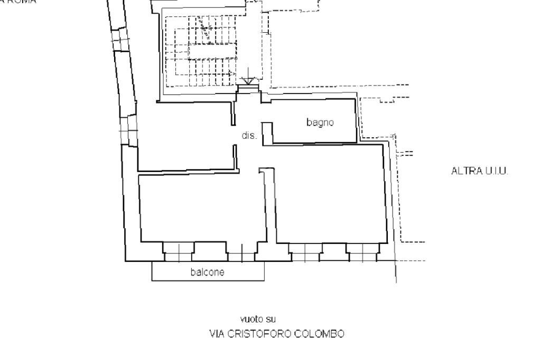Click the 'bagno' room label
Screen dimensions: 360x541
pyautogui.click(x=320, y=122)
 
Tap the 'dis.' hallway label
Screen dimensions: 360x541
pyautogui.click(x=249, y=136)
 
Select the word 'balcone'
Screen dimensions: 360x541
pyautogui.click(x=208, y=272)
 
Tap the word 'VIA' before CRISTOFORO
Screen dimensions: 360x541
pyautogui.click(x=217, y=334)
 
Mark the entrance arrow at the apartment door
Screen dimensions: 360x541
pyautogui.click(x=247, y=79)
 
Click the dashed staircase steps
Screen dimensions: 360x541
pyautogui.click(x=201, y=58)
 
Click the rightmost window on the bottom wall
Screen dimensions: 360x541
pyautogui.click(x=362, y=253)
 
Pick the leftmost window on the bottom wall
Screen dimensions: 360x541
pyautogui.click(x=179, y=253)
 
